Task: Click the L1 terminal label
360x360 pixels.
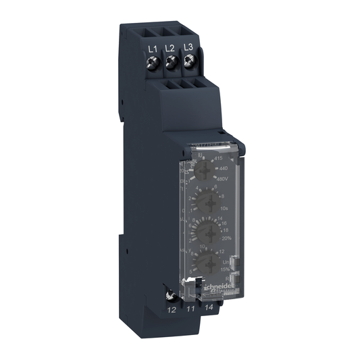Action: coord(153,49)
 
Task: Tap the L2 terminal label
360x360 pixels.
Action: coord(170,48)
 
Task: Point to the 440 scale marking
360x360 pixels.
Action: coord(221,169)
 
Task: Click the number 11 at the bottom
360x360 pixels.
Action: coord(191,309)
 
